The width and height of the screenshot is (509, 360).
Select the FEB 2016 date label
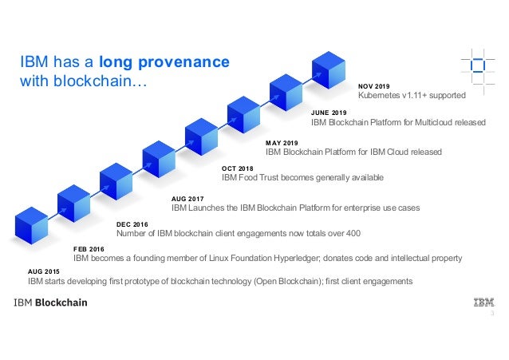tap(89, 249)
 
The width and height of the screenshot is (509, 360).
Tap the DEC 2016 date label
tap(132, 225)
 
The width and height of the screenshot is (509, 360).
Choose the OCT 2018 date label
tap(237, 168)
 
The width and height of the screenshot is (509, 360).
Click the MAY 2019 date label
tap(281, 143)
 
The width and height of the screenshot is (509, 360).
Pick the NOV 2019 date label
tap(374, 85)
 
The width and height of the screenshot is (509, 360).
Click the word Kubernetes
tap(380, 95)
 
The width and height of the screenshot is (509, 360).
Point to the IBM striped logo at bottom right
tap(483, 303)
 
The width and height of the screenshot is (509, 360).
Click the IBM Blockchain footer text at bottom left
tap(49, 303)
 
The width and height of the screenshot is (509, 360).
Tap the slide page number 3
tap(492, 315)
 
